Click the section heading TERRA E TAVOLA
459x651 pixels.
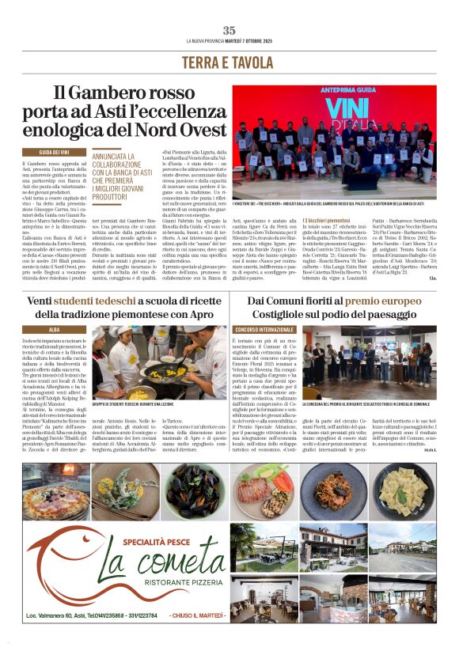229,62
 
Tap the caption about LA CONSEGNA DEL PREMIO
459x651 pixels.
368,404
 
